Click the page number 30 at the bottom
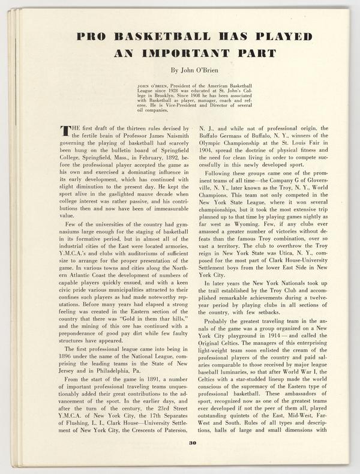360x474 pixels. coord(193,460)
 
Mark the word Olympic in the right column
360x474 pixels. coord(214,145)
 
